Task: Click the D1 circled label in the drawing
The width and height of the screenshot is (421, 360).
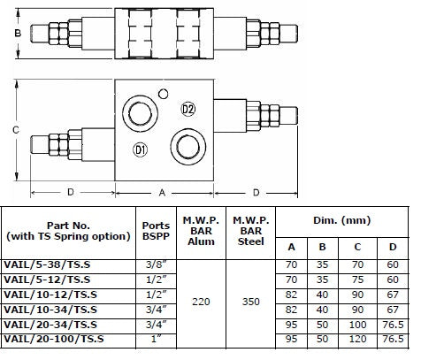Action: (140, 149)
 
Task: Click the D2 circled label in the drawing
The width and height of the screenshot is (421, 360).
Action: (188, 109)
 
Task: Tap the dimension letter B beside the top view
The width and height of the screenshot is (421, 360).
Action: (18, 33)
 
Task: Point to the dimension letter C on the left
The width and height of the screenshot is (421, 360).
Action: (16, 130)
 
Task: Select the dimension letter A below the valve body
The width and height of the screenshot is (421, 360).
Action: (162, 193)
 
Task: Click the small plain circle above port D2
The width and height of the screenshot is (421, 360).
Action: (163, 94)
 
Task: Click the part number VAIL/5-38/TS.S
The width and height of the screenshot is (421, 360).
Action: (47, 264)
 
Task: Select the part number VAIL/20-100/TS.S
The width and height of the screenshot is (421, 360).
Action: (54, 339)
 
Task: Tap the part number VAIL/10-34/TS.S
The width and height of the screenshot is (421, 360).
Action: (50, 310)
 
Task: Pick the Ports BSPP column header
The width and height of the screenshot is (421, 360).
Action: (156, 231)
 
